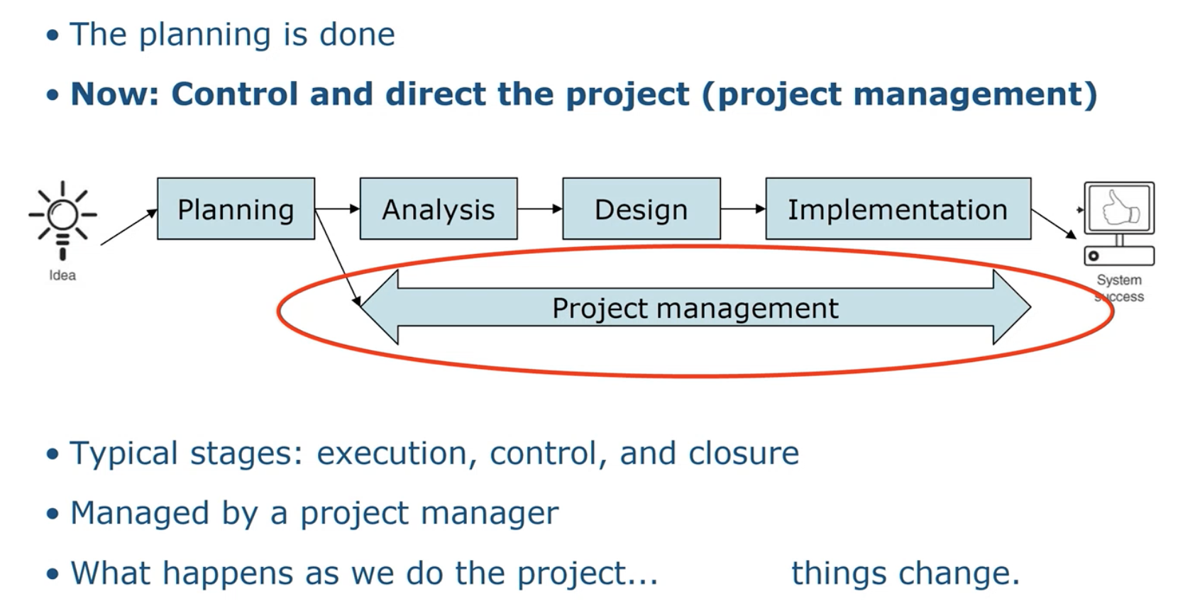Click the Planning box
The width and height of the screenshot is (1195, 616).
[x=236, y=209]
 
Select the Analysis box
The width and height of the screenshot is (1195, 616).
[x=439, y=209]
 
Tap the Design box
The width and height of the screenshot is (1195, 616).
[x=641, y=209]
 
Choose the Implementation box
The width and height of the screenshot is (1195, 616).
[x=898, y=209]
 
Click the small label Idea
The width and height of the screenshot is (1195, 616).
[x=62, y=275]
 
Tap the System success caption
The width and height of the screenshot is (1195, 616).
[x=1119, y=288]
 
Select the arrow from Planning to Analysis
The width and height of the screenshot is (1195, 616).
[x=337, y=209]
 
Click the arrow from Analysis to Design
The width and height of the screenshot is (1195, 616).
[x=540, y=209]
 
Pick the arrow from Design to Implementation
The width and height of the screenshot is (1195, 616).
[x=743, y=209]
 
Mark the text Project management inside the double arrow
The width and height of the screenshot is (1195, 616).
[x=695, y=308]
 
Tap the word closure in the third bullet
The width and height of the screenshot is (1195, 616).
[x=744, y=453]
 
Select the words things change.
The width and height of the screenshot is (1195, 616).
[x=905, y=573]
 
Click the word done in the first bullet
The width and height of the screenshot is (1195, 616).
[x=357, y=34]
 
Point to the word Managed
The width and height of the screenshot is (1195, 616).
[x=139, y=513]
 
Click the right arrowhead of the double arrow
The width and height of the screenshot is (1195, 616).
[x=1011, y=307]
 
